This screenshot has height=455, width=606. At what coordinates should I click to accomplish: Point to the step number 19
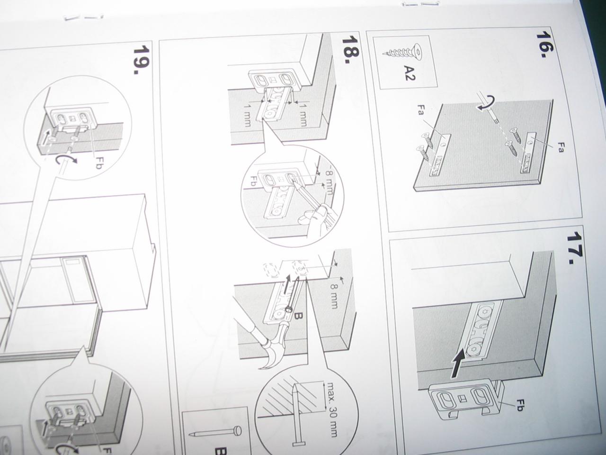142,60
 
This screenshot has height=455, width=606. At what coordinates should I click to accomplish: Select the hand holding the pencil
314,216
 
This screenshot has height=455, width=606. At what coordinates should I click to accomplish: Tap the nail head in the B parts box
237,430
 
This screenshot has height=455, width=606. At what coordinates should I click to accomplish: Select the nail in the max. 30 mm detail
297,420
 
